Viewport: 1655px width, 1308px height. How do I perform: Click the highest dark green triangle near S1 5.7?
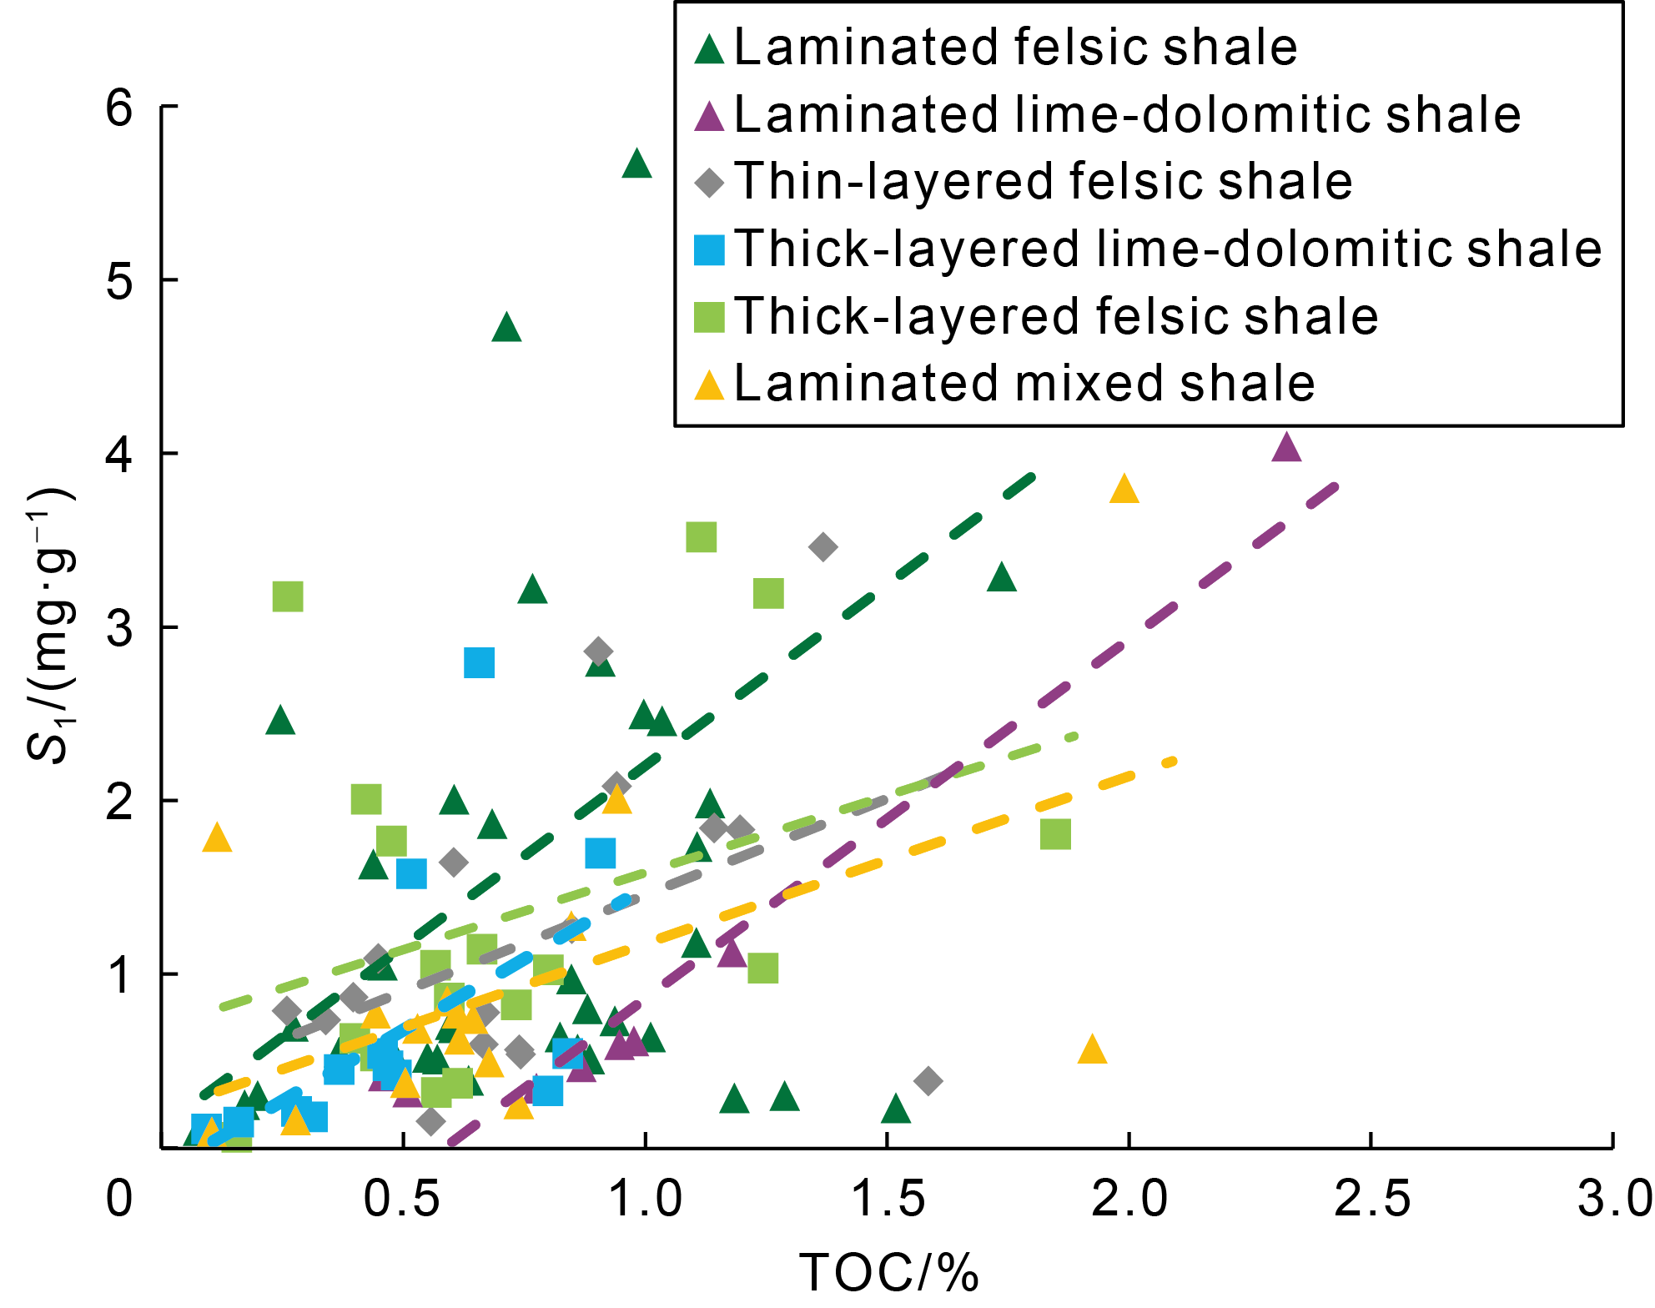point(636,164)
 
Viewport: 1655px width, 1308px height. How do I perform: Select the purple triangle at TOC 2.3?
point(1287,448)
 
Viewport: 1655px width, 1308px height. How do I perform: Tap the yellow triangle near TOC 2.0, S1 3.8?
point(1124,490)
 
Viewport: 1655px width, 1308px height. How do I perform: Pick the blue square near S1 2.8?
point(480,663)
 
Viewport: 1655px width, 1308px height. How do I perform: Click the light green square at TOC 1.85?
point(1056,833)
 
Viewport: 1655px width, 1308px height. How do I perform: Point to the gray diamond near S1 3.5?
point(823,547)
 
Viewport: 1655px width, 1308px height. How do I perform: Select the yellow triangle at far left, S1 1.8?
point(217,838)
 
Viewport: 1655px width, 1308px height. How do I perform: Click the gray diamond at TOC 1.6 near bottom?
point(928,1081)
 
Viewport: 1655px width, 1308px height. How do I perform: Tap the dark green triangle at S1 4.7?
point(507,328)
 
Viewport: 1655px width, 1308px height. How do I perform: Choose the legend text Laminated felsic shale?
point(1015,48)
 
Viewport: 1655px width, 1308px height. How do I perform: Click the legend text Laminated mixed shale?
point(1024,384)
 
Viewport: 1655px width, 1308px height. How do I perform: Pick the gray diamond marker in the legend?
point(710,182)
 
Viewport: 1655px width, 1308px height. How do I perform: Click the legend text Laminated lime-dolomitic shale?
point(1127,114)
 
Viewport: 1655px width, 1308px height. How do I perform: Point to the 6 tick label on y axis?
point(120,108)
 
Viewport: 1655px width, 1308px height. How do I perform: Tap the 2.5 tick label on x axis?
point(1372,1200)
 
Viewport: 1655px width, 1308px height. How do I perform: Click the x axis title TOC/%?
point(889,1273)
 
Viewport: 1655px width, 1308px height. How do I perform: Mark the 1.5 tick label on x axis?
point(888,1200)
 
